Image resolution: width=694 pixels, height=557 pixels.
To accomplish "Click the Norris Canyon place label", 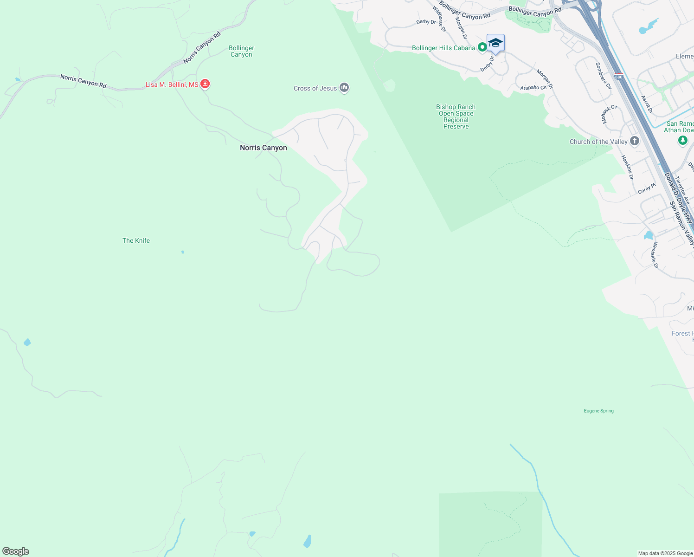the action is pos(263,148).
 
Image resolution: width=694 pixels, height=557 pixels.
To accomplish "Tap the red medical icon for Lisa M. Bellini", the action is pos(205,84).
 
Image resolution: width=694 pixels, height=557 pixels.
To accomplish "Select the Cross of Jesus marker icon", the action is pos(344,87).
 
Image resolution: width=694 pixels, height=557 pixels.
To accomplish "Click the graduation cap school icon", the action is pos(495,43).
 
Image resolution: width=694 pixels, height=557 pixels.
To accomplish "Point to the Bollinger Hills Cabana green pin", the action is pos(482,47).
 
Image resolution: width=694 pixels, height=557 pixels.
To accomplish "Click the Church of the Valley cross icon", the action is pos(635,141).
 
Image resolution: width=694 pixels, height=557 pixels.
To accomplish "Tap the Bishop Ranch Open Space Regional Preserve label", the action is pos(456,117).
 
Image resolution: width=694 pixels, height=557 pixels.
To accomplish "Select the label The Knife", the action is pos(136,240).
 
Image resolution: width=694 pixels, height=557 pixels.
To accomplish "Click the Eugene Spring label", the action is pos(598,411).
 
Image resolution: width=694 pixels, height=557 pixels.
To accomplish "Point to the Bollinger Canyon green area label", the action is pos(241,51).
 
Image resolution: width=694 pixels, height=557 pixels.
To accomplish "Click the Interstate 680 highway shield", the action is pos(618,77).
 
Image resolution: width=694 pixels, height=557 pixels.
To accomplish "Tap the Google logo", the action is pos(16,551).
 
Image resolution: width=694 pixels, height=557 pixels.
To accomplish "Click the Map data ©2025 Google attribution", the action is pos(665,553).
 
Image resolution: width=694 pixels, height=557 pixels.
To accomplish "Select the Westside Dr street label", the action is pos(655,255).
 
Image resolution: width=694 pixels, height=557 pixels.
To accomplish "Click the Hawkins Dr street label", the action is pos(627,167).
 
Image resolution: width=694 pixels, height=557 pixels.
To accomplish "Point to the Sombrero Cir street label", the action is pos(604,76).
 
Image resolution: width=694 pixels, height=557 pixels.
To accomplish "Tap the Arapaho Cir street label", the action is pos(533,88).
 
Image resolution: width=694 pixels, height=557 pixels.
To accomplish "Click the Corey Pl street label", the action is pos(647,188).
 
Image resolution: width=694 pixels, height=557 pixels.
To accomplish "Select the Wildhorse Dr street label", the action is pos(439,19).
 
